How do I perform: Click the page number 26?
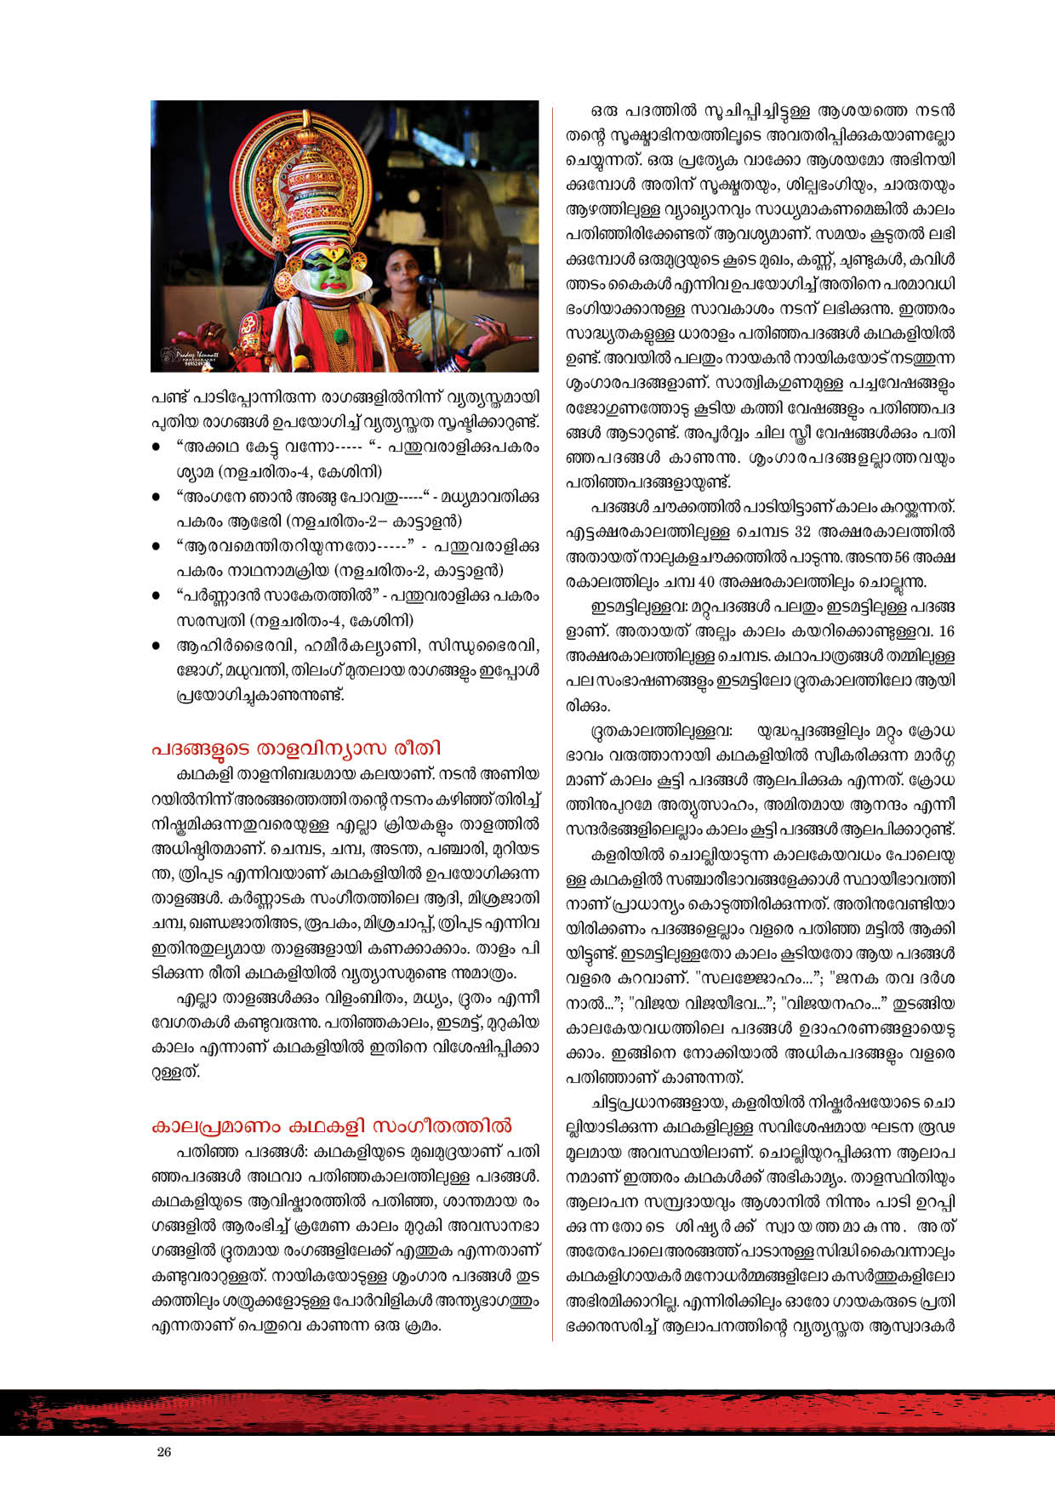[164, 1451]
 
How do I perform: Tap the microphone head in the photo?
[425, 280]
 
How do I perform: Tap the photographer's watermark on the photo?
[187, 356]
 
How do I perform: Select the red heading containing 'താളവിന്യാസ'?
[296, 748]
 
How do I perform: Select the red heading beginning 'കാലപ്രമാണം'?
[331, 1125]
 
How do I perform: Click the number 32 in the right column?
[801, 532]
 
